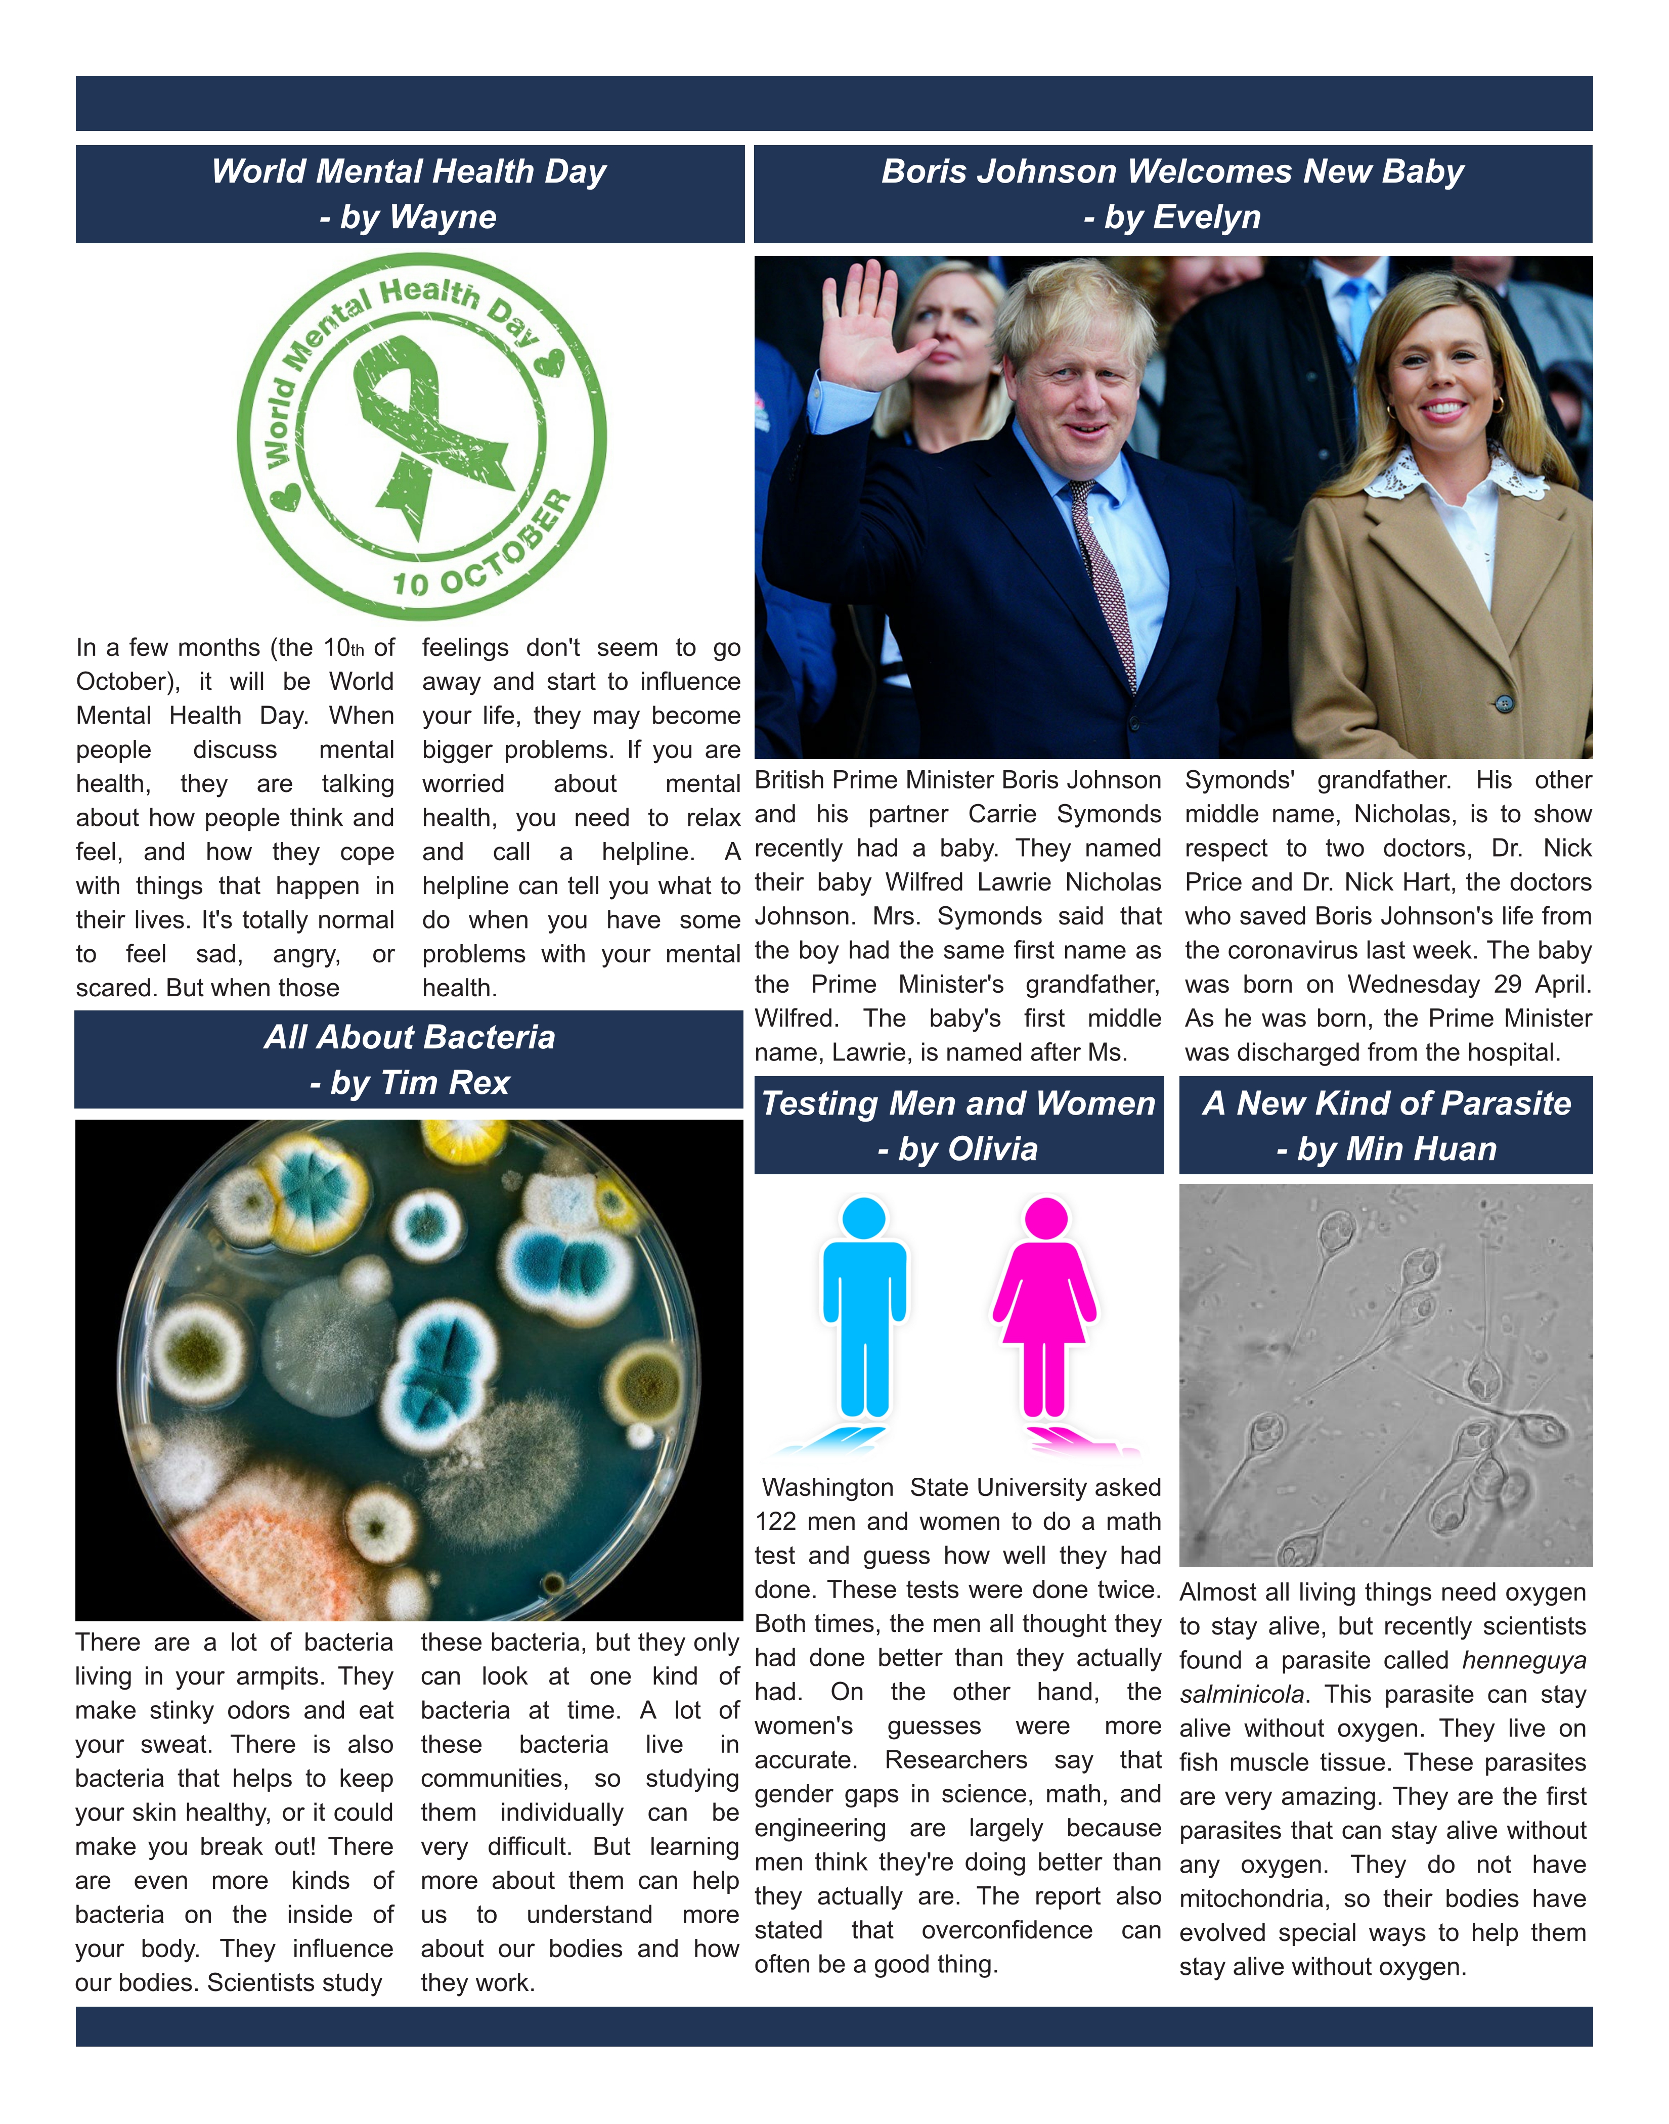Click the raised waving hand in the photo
865,332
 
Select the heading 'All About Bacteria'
410,1038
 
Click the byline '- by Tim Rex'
410,1083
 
